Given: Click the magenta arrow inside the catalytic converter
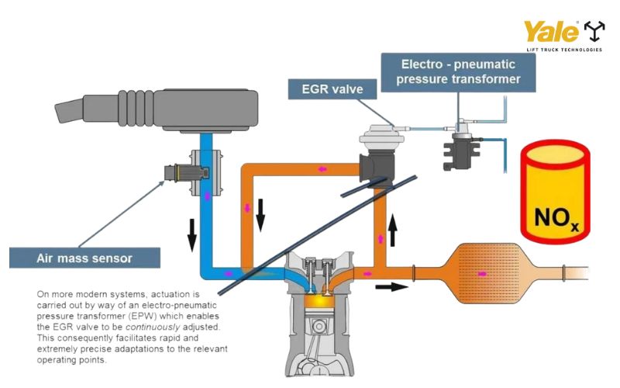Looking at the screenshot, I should coord(483,273).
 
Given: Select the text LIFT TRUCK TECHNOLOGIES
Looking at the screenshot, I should coord(563,50).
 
